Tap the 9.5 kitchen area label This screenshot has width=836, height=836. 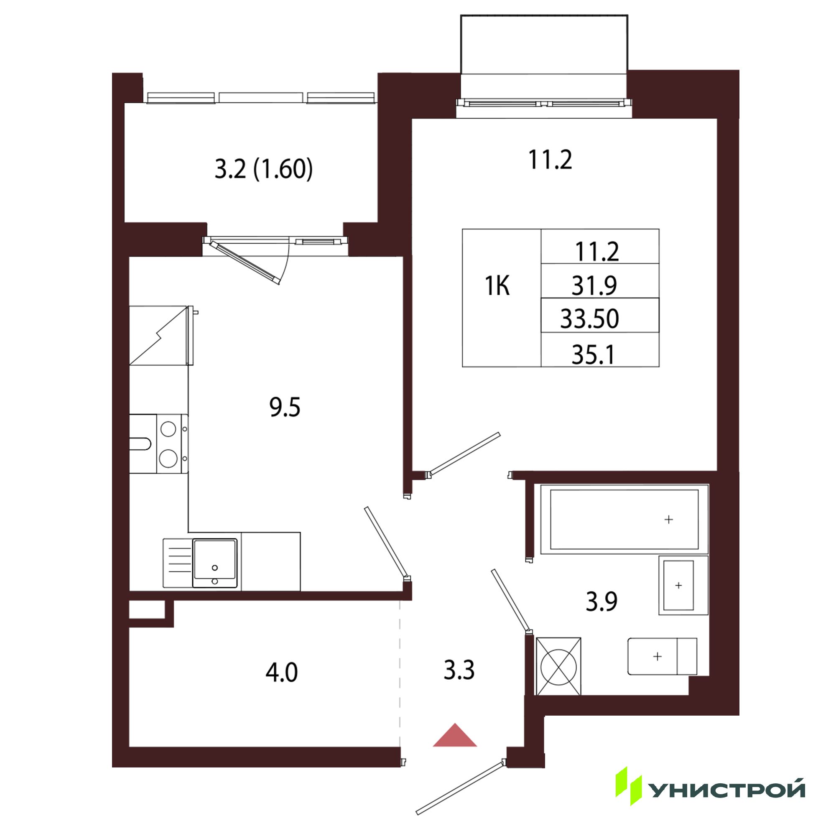(x=285, y=408)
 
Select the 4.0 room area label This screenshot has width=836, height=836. (x=282, y=673)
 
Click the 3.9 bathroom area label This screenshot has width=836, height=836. (x=602, y=602)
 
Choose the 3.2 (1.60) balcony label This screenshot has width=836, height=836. (x=263, y=169)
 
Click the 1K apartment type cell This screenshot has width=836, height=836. (x=497, y=286)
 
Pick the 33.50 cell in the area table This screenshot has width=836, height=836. (x=590, y=319)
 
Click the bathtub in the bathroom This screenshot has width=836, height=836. (x=624, y=519)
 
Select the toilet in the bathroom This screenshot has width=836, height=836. (x=662, y=656)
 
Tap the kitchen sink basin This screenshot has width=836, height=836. (x=215, y=563)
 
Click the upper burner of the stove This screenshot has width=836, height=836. (x=168, y=429)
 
